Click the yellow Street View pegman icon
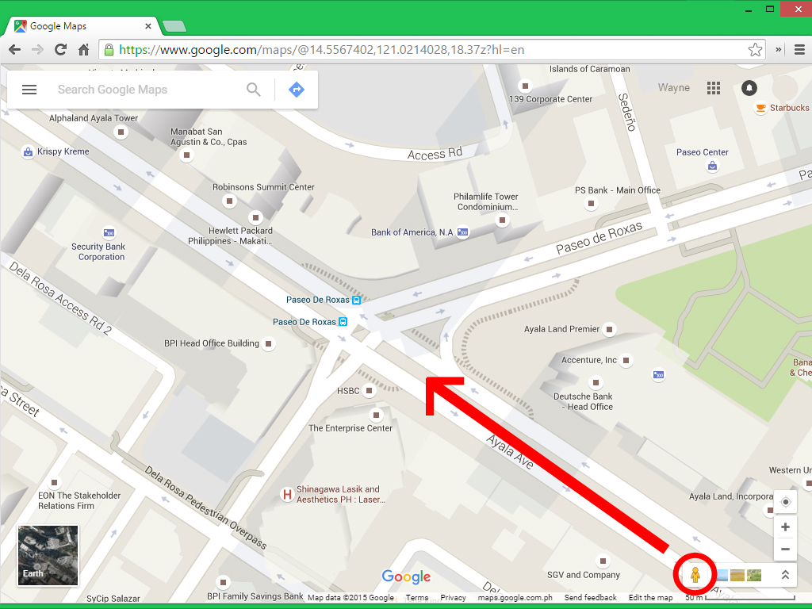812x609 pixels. [x=695, y=575]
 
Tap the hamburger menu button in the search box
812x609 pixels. [x=29, y=90]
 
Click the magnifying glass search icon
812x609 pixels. [x=254, y=90]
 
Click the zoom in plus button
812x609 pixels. [x=785, y=527]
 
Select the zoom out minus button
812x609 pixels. [x=785, y=549]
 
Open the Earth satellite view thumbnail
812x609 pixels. [x=48, y=555]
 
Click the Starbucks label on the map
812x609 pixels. [x=789, y=108]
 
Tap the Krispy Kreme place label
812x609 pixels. [x=63, y=151]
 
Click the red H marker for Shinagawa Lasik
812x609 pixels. [x=287, y=495]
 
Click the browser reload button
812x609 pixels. [x=60, y=50]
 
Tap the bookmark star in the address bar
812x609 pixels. [x=755, y=50]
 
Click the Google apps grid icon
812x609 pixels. [x=714, y=88]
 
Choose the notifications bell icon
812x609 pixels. [x=749, y=88]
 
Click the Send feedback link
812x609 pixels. [x=590, y=598]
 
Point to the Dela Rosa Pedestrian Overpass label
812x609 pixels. [x=206, y=508]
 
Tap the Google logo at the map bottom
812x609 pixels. [x=406, y=577]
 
